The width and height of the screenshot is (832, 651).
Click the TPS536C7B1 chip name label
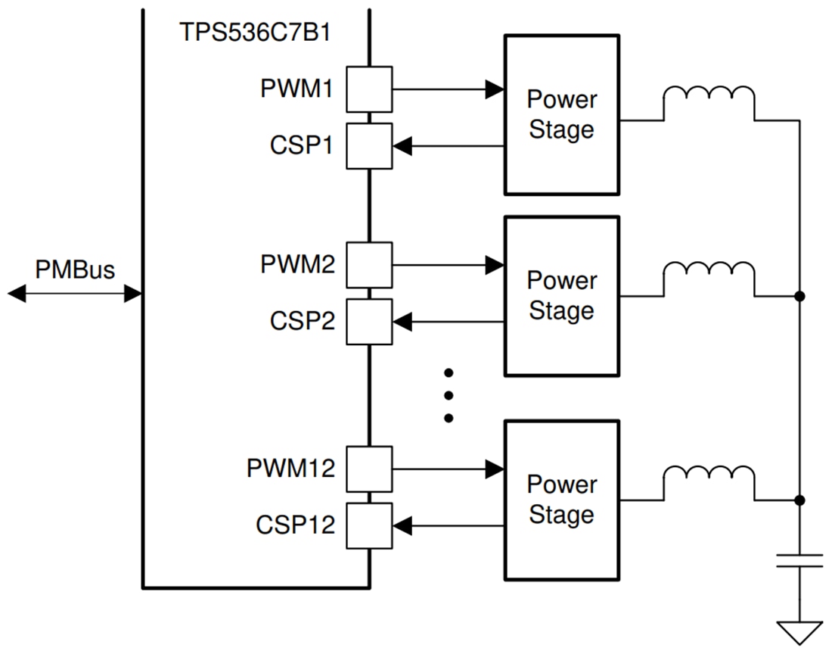255,33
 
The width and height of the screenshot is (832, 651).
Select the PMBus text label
75,269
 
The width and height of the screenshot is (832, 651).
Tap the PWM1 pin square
369,89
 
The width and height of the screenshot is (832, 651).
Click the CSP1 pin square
369,145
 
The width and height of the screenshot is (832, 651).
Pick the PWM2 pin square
369,265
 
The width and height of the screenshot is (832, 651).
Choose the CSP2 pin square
369,322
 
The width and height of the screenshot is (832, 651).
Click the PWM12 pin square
369,469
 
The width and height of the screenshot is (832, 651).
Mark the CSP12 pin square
369,525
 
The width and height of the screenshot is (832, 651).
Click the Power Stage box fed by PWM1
562,114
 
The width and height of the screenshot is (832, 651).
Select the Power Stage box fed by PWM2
562,296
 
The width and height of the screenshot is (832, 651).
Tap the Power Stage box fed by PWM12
562,500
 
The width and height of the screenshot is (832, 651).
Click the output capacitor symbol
799,561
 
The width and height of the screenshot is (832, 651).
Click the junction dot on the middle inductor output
799,296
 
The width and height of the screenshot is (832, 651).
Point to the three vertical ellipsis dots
449,395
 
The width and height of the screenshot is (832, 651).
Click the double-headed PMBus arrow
75,294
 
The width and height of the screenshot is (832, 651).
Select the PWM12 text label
290,469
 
